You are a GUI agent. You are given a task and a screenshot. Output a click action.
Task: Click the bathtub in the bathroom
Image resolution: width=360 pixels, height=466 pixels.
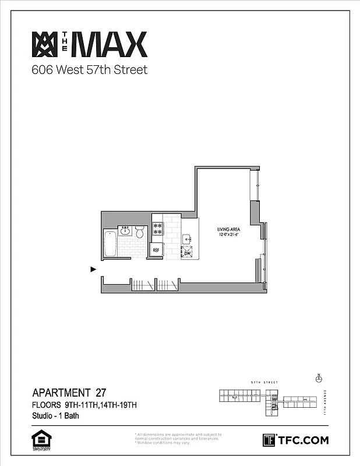tap(110, 243)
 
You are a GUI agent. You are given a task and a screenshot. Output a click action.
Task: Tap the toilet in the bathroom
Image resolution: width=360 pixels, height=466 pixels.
tap(139, 233)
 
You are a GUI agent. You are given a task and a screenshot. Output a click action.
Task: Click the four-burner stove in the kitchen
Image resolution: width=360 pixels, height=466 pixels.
tap(157, 229)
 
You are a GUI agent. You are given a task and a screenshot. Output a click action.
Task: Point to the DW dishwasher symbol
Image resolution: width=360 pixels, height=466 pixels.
tap(187, 253)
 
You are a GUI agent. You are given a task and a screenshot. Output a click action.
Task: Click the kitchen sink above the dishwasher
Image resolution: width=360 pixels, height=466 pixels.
tap(187, 238)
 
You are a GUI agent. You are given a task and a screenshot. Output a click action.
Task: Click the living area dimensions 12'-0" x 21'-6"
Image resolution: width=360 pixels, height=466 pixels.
tap(229, 235)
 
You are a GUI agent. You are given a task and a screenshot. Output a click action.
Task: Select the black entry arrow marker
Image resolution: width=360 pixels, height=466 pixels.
tap(93, 269)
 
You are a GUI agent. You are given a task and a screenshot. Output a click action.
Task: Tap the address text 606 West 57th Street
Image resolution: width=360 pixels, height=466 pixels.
tap(89, 70)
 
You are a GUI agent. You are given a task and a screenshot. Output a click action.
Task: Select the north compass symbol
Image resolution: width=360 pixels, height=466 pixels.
tap(319, 378)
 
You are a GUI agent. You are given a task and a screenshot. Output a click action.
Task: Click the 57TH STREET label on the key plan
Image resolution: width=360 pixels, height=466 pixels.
tap(263, 383)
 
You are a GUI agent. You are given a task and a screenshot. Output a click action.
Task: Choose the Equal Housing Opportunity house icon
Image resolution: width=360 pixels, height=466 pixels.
tap(40, 437)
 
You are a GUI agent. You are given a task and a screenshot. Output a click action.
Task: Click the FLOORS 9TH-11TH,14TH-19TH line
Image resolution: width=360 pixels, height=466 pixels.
tap(84, 405)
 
